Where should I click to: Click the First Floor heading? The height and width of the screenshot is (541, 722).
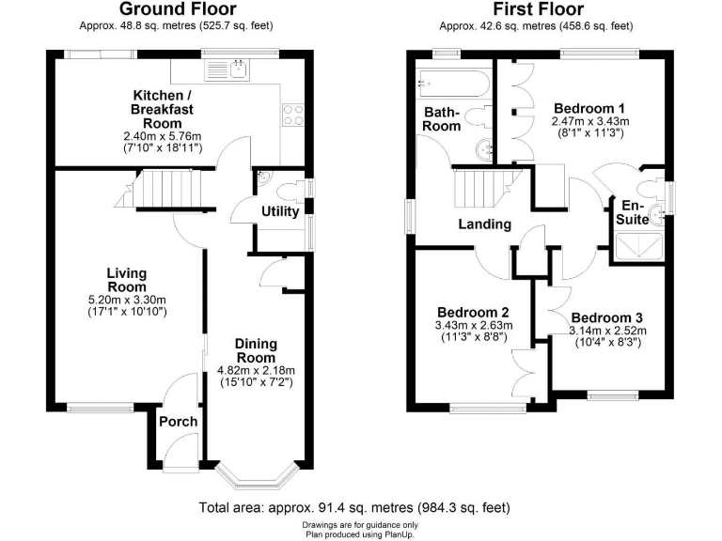(x=539, y=10)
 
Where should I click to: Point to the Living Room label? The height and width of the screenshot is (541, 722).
(x=126, y=280)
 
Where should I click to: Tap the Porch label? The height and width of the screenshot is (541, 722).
(x=178, y=421)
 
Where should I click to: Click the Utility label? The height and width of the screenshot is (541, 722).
(x=280, y=211)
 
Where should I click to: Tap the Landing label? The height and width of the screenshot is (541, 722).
(x=484, y=224)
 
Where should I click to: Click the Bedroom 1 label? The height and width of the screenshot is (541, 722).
(x=589, y=107)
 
